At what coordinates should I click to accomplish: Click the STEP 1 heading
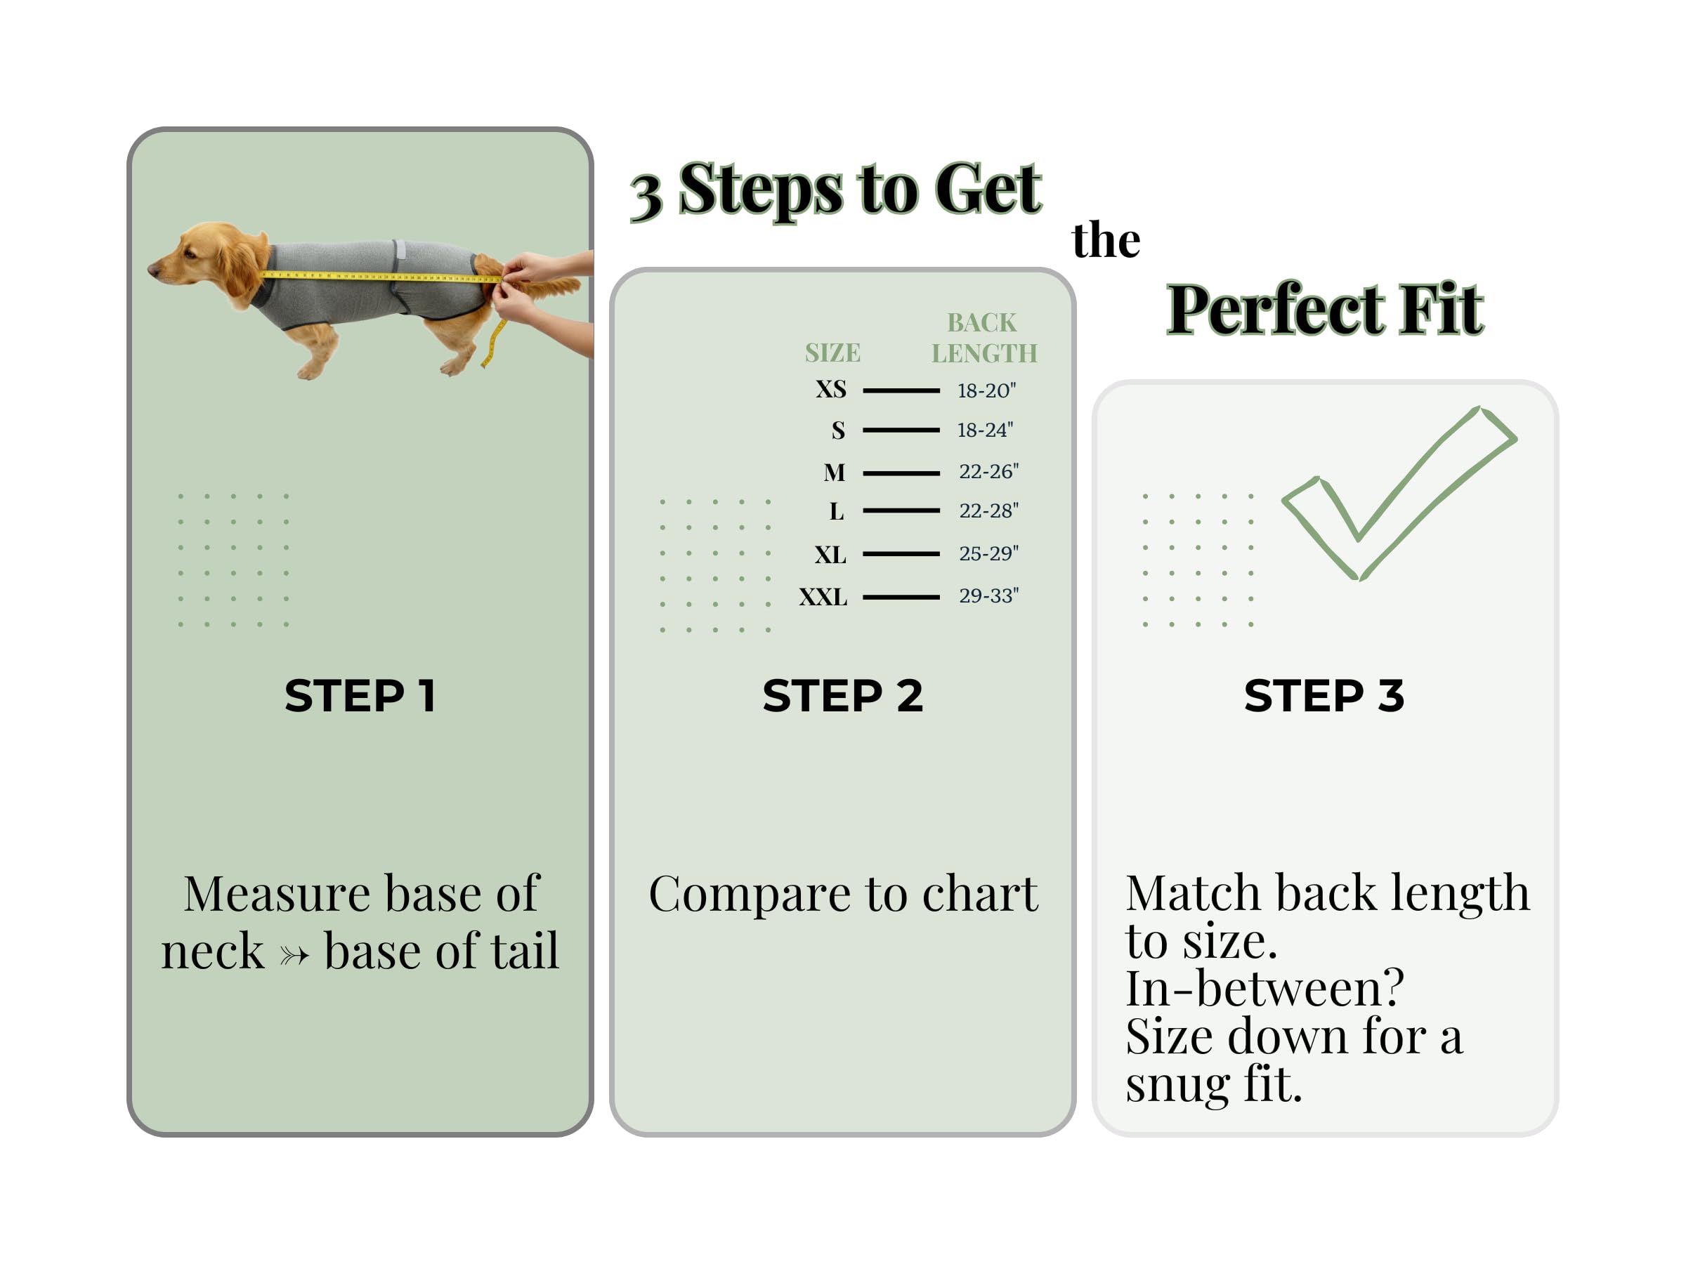[360, 696]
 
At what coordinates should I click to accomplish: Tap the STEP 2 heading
[842, 696]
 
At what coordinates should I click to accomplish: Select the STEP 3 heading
[1324, 696]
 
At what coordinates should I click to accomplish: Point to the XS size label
[831, 389]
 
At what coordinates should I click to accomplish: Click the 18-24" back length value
[985, 430]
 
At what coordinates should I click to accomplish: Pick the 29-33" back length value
[988, 595]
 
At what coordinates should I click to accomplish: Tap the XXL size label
[823, 597]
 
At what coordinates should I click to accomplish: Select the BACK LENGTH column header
[984, 338]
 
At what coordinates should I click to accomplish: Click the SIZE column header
[832, 353]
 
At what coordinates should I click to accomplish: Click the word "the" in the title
[1105, 240]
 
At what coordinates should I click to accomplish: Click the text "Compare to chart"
[843, 894]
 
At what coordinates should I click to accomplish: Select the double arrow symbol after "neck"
[294, 954]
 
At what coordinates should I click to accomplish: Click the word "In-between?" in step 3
[1264, 988]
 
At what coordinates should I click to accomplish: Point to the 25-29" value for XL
[988, 553]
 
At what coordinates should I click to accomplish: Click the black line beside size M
[901, 473]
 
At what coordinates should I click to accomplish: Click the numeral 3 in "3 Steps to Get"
[646, 197]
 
